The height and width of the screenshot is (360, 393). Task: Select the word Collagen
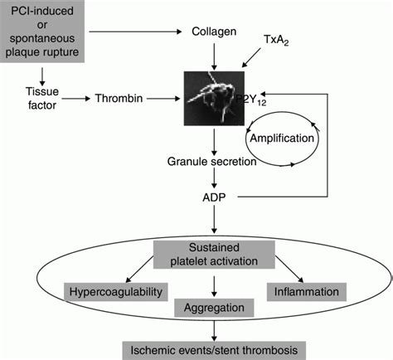(x=216, y=32)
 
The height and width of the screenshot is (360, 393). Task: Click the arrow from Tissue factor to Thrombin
(x=75, y=99)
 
